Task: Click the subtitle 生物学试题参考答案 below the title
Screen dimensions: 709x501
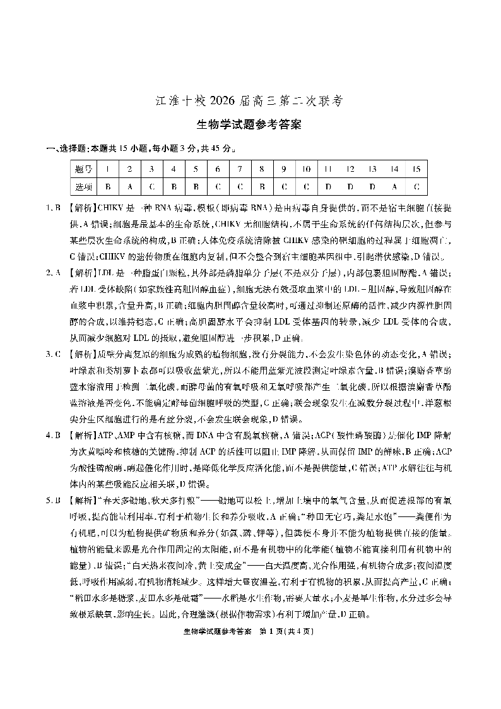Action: point(250,124)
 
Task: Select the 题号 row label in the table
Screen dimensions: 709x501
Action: point(83,169)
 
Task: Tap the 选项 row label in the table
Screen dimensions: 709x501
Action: point(83,187)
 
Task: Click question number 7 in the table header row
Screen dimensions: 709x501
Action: point(240,169)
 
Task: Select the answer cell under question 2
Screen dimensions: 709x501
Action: point(129,187)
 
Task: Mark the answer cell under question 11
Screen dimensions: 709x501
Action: point(328,187)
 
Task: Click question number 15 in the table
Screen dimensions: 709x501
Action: point(416,169)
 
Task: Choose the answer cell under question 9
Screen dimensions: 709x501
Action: point(284,187)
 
